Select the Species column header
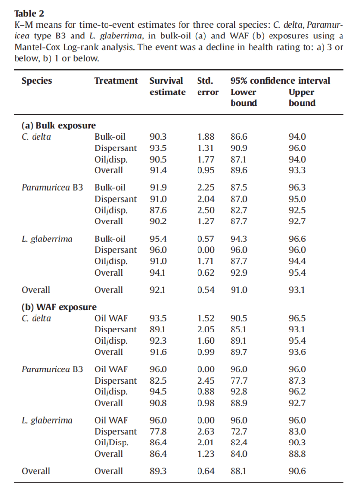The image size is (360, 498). [36, 81]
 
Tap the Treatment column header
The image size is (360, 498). [116, 81]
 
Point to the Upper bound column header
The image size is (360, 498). [302, 97]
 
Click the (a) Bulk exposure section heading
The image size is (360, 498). [59, 126]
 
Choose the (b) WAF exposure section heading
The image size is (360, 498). [59, 307]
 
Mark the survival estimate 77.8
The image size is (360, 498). [158, 431]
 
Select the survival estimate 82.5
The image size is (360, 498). [158, 380]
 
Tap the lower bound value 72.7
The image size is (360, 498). [238, 431]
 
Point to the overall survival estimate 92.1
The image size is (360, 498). [158, 290]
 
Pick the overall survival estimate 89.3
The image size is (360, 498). [158, 471]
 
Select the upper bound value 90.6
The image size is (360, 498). [297, 471]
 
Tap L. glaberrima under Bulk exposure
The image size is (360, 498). [47, 239]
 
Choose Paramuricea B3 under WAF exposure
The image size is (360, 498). [53, 369]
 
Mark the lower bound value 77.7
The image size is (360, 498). [238, 380]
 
